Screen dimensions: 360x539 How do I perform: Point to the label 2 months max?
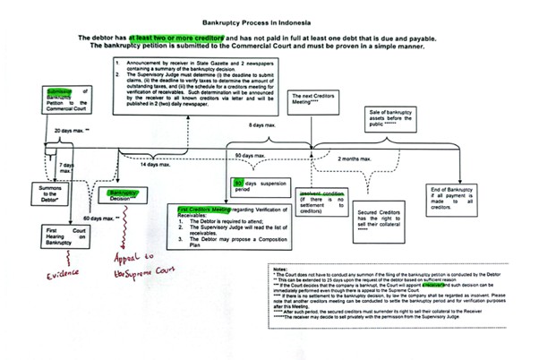click(355, 159)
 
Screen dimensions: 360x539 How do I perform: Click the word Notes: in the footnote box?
click(278, 269)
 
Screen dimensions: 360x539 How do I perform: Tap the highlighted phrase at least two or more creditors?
click(175, 39)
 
